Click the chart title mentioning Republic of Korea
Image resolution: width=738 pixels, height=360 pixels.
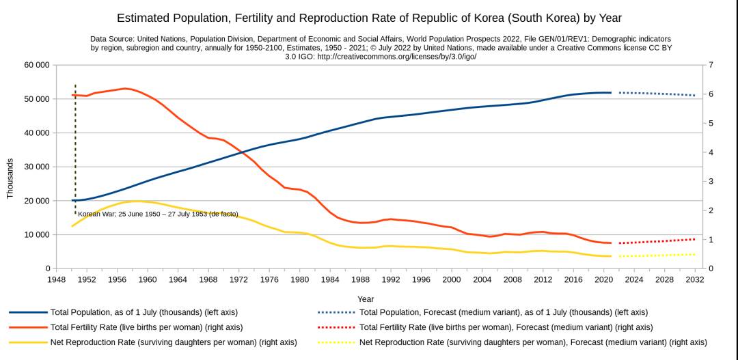click(x=369, y=18)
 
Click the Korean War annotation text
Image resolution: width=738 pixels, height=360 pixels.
click(x=158, y=214)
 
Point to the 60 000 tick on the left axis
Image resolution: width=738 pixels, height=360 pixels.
click(x=37, y=65)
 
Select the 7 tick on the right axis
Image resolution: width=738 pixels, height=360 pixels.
click(x=711, y=65)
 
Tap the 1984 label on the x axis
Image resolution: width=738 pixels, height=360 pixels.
click(x=329, y=279)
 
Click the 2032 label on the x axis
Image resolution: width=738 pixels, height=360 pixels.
click(x=694, y=279)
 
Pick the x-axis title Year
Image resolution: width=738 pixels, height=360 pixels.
click(x=366, y=299)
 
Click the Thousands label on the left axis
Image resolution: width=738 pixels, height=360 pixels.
click(x=10, y=179)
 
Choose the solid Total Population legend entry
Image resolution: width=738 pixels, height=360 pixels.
click(x=143, y=312)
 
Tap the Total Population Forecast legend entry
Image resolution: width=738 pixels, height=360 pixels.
click(x=503, y=312)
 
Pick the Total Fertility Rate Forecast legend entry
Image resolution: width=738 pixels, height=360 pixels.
click(x=506, y=327)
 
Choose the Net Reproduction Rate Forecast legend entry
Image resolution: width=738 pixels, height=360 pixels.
click(x=533, y=342)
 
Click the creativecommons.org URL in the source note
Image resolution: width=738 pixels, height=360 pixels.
click(x=396, y=57)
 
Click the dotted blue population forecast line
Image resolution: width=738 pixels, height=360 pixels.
click(x=656, y=94)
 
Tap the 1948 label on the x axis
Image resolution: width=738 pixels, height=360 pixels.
click(x=57, y=279)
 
